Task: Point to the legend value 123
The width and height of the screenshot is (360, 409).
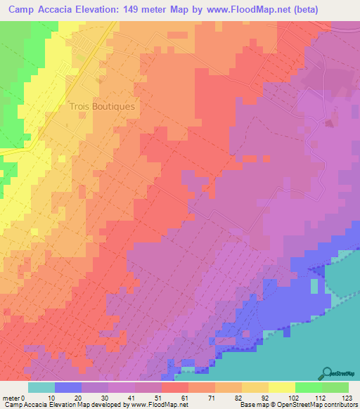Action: [x=345, y=397]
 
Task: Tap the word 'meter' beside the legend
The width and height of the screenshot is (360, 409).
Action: [x=11, y=397]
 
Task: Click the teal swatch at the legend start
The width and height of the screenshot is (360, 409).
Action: [x=41, y=387]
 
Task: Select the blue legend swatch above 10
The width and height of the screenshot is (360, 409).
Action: [x=67, y=387]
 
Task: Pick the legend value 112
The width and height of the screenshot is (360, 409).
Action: [x=319, y=397]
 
